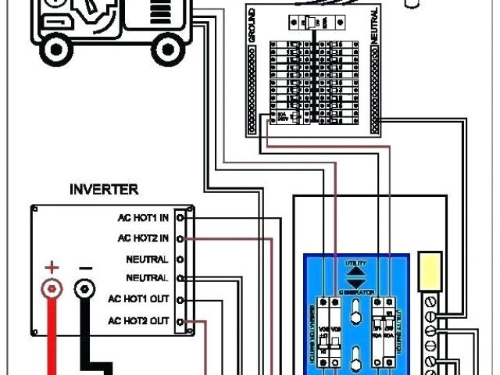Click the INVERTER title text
point(104,189)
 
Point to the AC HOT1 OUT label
point(138,299)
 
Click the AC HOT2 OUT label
point(138,320)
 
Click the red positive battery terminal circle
point(52,290)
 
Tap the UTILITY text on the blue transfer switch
point(355,264)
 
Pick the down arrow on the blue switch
point(355,283)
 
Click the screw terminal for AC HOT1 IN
point(180,218)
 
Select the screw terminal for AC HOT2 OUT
point(180,320)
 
